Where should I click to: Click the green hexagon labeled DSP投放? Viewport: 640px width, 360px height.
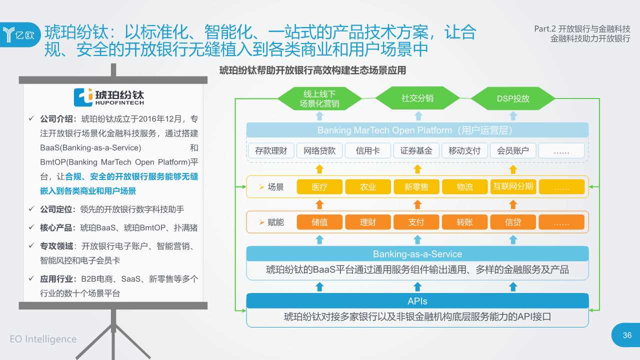tap(513, 98)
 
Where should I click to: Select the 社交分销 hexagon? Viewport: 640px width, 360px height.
tap(417, 98)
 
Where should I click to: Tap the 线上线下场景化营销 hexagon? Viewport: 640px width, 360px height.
tap(319, 98)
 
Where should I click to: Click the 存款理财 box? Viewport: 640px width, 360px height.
tap(271, 150)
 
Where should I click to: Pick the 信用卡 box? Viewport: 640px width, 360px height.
tap(368, 150)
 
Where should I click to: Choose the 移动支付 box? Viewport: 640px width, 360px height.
tap(464, 150)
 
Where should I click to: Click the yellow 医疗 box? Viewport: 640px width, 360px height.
tap(319, 187)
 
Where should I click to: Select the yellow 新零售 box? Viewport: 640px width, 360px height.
tap(416, 187)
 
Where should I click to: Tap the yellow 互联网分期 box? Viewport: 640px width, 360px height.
tap(513, 187)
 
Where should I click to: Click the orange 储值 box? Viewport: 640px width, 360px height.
tap(319, 222)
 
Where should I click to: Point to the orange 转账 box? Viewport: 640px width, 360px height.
tap(464, 222)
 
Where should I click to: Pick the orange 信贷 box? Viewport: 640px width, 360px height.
tap(513, 222)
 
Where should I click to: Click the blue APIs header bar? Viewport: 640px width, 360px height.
tap(417, 301)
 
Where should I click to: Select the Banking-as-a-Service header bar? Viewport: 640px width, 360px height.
tap(417, 254)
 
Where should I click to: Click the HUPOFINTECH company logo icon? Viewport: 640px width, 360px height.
tap(83, 97)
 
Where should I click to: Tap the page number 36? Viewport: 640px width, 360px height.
tap(627, 335)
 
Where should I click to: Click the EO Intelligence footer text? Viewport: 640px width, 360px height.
tap(43, 339)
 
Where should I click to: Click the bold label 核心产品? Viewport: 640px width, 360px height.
tap(58, 227)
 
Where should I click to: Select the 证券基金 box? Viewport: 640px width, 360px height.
tap(416, 150)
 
